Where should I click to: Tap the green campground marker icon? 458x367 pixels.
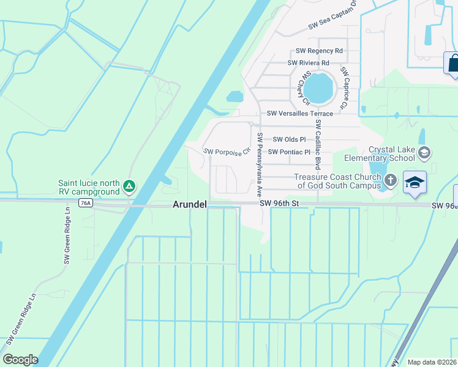[129, 185]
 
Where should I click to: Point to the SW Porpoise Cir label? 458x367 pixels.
[227, 151]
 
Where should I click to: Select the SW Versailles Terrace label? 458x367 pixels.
[300, 114]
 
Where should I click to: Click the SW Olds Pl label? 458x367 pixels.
[289, 140]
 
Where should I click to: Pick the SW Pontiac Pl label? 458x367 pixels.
[290, 152]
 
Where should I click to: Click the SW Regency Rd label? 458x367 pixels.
[319, 51]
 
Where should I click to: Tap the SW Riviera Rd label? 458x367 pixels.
[309, 63]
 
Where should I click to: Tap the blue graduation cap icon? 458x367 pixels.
[415, 182]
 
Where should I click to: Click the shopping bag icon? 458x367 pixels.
[453, 63]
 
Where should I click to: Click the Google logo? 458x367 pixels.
[20, 360]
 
